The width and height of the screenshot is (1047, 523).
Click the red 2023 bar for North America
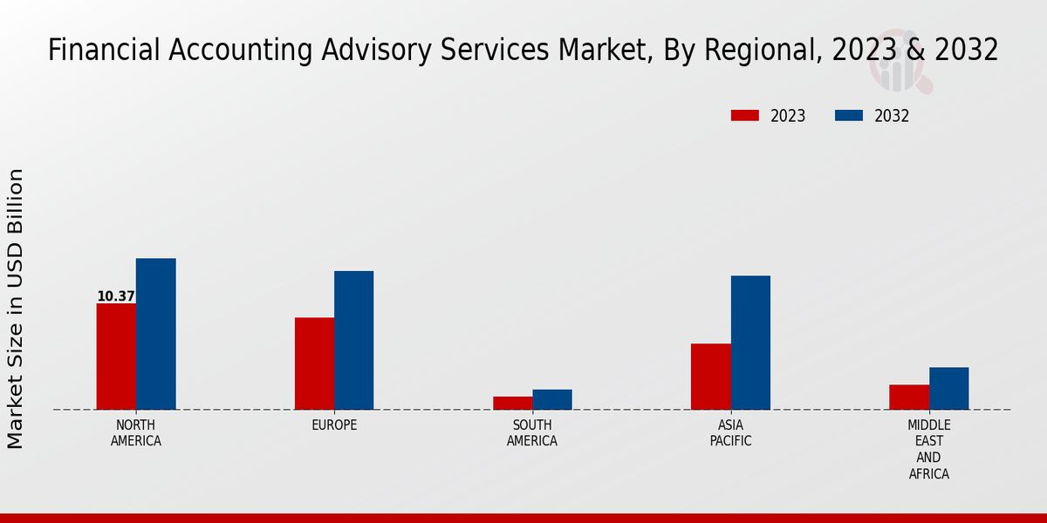[116, 357]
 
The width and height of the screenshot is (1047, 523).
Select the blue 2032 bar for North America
[155, 334]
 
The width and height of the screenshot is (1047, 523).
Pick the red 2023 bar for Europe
[314, 363]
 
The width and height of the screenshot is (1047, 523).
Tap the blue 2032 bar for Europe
[353, 340]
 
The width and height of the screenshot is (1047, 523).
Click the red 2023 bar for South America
[512, 403]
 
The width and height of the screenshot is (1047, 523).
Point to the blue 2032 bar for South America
[552, 399]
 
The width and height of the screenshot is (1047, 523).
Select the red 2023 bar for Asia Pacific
[710, 377]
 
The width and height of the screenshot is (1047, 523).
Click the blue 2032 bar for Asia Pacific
[750, 343]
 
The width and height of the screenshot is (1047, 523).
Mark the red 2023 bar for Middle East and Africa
[909, 397]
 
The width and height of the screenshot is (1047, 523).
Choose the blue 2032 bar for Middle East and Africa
[948, 388]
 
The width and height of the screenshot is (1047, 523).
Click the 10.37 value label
[115, 296]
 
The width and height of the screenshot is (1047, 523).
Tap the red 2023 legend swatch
[744, 116]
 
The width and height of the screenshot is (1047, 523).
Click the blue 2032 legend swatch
[849, 116]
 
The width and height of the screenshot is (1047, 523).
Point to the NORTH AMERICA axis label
[136, 433]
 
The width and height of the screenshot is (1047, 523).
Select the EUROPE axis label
[334, 425]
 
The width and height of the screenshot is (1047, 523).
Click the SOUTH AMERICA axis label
[532, 433]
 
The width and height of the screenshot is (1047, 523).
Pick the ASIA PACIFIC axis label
[730, 433]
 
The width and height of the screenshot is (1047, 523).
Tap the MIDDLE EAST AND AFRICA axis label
[928, 450]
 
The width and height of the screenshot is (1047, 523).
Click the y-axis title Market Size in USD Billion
[16, 309]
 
